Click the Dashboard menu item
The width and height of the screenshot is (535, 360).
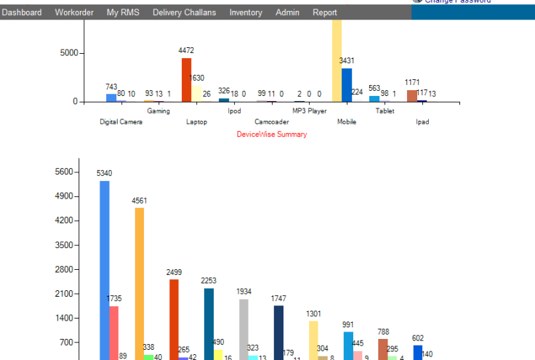click(22, 12)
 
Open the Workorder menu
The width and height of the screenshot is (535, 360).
click(74, 12)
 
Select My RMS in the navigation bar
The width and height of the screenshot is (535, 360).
click(123, 12)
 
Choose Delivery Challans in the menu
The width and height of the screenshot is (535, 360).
click(184, 12)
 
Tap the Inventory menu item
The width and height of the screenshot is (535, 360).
click(246, 12)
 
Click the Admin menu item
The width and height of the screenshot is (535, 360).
click(287, 12)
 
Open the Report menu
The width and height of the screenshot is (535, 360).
click(325, 12)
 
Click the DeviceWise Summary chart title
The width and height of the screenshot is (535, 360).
click(272, 135)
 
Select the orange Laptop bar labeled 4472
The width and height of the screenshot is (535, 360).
click(187, 80)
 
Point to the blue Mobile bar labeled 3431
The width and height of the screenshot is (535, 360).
click(347, 85)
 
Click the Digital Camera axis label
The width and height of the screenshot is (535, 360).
click(121, 122)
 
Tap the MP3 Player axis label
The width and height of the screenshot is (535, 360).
click(310, 111)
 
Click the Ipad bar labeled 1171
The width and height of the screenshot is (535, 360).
click(412, 95)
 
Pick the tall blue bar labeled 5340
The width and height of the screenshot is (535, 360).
click(105, 269)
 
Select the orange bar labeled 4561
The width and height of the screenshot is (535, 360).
click(139, 284)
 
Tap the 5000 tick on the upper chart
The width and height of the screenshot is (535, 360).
click(69, 53)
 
